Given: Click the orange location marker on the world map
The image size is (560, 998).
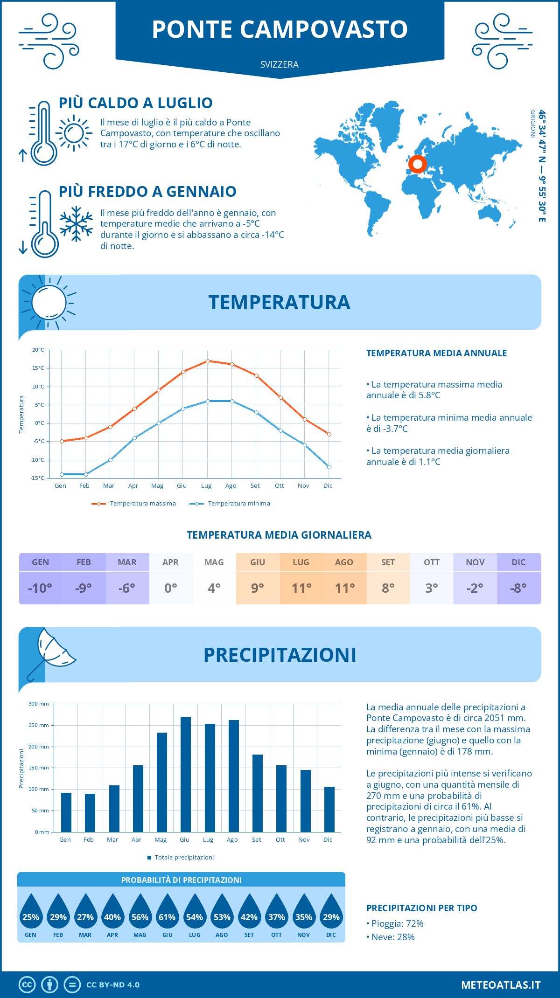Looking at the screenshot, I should tap(417, 164).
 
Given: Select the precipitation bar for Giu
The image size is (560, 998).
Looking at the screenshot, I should tap(186, 774).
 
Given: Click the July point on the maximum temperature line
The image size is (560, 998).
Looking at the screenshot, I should tap(208, 361).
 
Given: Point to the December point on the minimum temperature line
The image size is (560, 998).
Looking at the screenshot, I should tap(329, 467).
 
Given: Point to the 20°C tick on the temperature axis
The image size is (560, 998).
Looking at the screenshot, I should tap(38, 350).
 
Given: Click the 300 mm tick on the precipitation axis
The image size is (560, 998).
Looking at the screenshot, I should tap(39, 704).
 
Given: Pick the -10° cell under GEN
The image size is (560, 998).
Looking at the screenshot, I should tap(40, 588).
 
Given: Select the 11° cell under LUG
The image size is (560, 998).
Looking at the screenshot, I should tap(301, 588).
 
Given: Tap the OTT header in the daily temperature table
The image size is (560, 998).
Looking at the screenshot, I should tap(432, 562).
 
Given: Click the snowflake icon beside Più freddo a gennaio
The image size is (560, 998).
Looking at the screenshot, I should tap(76, 224).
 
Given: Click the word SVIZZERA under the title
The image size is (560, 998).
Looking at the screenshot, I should tap(280, 65).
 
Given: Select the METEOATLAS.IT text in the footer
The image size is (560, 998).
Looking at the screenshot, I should tap(501, 985).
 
